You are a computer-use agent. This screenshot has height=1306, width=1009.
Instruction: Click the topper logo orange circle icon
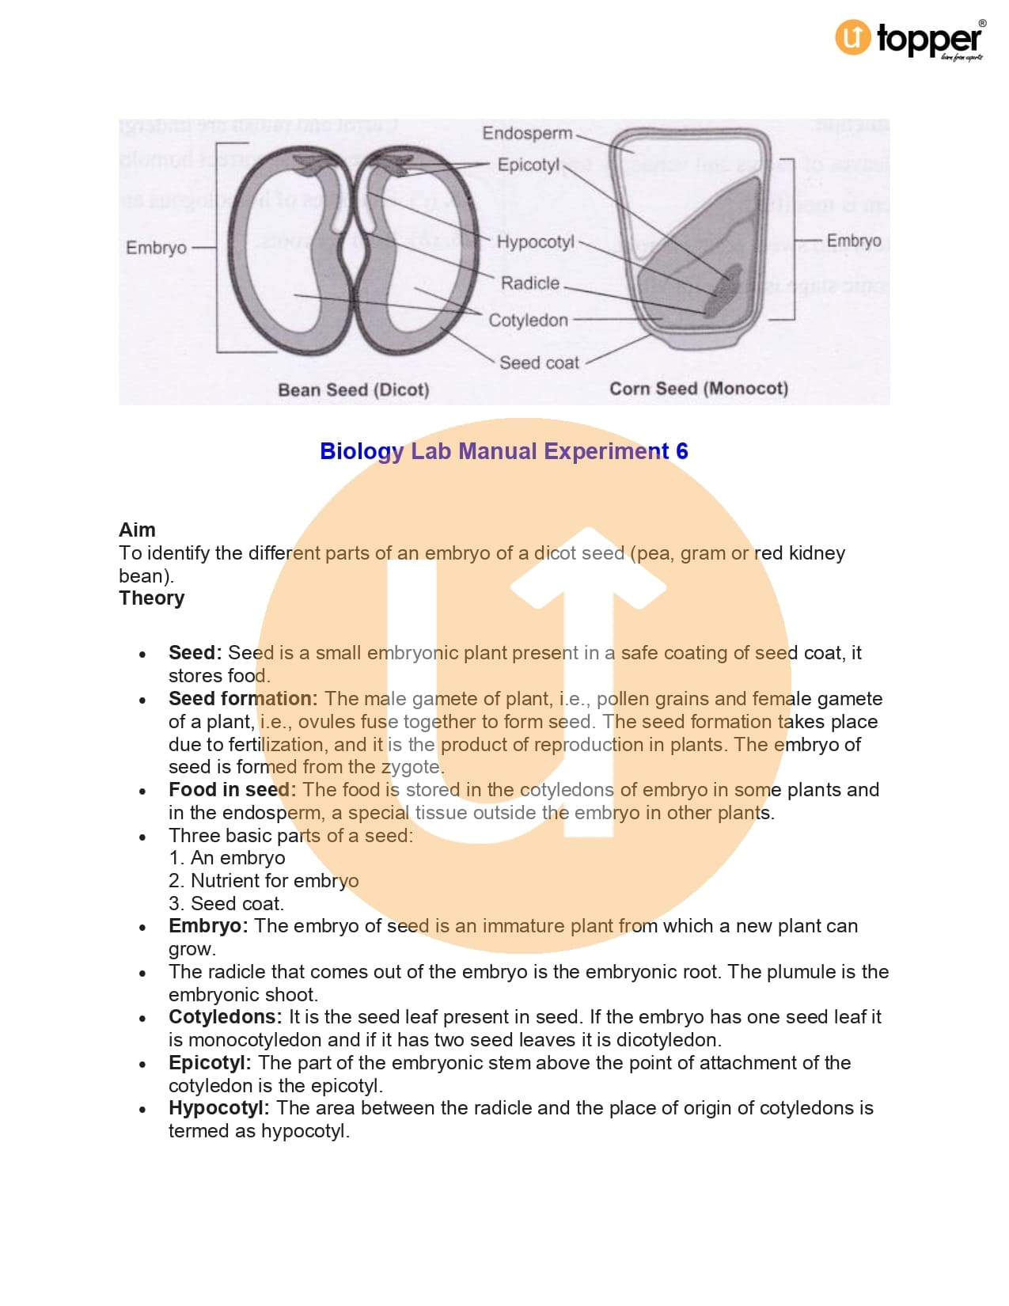852,37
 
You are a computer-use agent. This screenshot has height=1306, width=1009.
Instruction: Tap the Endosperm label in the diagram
527,133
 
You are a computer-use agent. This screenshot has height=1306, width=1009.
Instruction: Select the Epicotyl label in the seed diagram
528,165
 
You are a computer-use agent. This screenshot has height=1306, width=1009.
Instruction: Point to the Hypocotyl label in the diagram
535,241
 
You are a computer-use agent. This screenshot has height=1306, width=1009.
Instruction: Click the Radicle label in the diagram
529,283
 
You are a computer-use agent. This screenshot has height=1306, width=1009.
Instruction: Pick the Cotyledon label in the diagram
528,320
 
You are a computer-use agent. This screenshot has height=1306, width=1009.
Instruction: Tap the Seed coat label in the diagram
539,363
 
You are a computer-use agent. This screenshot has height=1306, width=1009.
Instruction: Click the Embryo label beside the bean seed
156,248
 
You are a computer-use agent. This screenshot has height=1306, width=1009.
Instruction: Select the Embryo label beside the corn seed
853,241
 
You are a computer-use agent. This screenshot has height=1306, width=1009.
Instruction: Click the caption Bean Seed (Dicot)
353,389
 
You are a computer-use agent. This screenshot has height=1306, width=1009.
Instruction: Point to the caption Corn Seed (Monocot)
698,389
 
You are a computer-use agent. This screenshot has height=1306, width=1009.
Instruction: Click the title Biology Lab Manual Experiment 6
503,451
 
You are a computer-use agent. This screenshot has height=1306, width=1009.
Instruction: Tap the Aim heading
137,530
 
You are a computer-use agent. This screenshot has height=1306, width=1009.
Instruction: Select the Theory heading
151,598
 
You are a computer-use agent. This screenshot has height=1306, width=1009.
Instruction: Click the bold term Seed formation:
242,698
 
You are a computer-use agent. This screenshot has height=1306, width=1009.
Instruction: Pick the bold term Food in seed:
232,789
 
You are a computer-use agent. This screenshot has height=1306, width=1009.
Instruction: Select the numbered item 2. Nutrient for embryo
263,880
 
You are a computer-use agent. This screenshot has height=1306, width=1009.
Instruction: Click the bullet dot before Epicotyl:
142,1064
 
